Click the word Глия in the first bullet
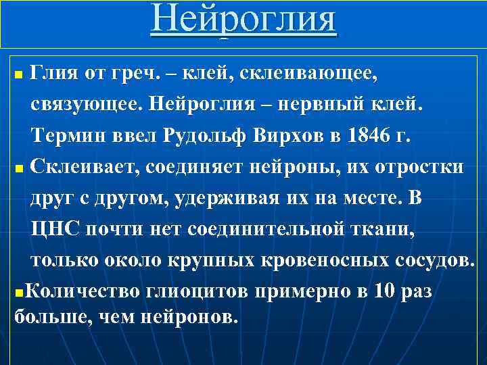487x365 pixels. (x=56, y=68)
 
